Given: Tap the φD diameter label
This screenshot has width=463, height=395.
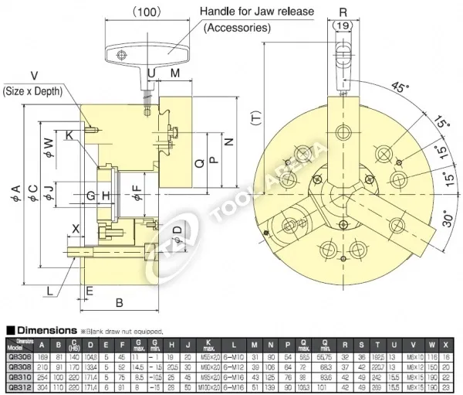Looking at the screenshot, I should [x=177, y=231].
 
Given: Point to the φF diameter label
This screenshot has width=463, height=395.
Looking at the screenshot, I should [x=137, y=187].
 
